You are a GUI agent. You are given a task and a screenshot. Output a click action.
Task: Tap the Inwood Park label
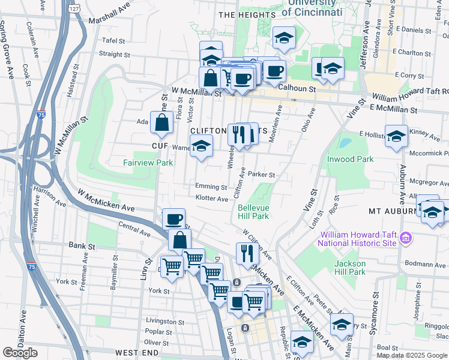pyautogui.click(x=350, y=159)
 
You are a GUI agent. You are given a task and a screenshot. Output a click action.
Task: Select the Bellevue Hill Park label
pyautogui.click(x=253, y=211)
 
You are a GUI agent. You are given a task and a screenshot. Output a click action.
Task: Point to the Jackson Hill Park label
pyautogui.click(x=350, y=268)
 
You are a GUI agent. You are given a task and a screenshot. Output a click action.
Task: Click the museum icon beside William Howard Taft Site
pyautogui.click(x=405, y=238)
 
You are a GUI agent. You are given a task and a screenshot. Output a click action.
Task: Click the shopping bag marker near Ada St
pyautogui.click(x=162, y=124)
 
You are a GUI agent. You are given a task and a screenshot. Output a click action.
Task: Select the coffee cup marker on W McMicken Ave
pyautogui.click(x=174, y=219)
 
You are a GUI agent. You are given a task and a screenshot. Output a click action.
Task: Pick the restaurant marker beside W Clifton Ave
pyautogui.click(x=247, y=253)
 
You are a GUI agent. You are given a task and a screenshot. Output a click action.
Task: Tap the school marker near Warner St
pyautogui.click(x=202, y=146)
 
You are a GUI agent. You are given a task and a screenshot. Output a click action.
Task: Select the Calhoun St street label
pyautogui.click(x=298, y=88)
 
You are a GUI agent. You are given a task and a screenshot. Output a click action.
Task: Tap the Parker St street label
pyautogui.click(x=261, y=175)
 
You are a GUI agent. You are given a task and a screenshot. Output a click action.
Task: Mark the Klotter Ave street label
pyautogui.click(x=211, y=198)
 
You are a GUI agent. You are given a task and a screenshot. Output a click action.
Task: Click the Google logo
pyautogui.click(x=20, y=352)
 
